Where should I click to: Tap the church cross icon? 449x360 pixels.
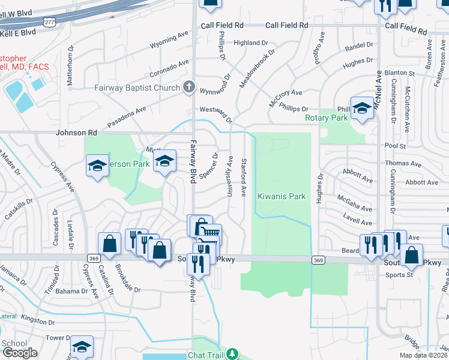point(188,88)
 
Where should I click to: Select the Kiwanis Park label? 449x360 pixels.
point(282,196)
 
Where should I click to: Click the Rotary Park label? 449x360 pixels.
point(327,118)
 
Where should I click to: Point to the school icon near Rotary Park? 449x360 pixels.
point(363,108)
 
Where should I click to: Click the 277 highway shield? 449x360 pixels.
point(50,22)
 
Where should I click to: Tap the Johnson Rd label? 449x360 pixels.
point(76,133)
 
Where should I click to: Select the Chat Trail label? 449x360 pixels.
point(205,355)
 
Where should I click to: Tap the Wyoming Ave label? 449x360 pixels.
point(169,44)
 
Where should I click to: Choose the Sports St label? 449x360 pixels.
point(399,275)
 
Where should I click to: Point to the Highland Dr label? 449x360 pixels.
point(251,43)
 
